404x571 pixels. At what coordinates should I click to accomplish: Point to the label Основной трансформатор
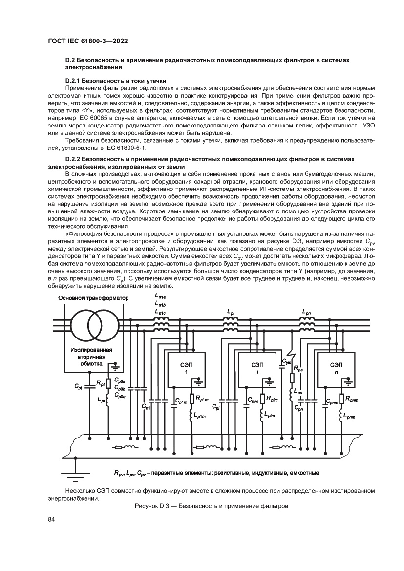click(x=93, y=297)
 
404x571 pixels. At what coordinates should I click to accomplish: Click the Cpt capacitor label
click(x=79, y=387)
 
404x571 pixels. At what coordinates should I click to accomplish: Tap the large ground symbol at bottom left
click(x=74, y=473)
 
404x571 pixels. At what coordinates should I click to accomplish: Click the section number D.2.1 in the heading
click(x=74, y=79)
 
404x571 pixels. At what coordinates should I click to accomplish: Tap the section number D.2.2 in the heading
click(x=74, y=159)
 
